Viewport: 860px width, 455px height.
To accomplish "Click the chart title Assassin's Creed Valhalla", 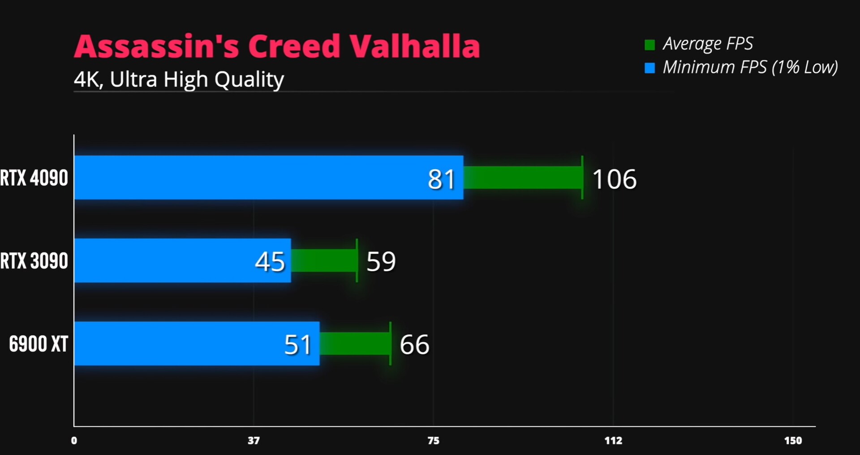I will pyautogui.click(x=277, y=47).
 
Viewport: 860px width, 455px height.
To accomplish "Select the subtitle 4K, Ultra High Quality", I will pyautogui.click(x=179, y=80).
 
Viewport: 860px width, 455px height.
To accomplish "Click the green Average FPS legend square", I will pyautogui.click(x=649, y=45).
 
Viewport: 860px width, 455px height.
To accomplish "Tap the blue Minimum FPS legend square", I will pyautogui.click(x=649, y=68).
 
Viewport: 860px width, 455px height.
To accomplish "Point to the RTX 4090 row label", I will pyautogui.click(x=34, y=178).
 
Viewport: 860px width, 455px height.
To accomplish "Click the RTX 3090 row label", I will pyautogui.click(x=34, y=261).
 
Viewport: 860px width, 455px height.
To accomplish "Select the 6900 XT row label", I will pyautogui.click(x=39, y=344).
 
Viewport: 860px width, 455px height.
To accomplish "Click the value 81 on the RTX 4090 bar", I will pyautogui.click(x=441, y=179).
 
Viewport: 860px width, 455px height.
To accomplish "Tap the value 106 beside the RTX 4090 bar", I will pyautogui.click(x=614, y=179).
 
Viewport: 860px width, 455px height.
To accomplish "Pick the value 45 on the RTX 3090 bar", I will pyautogui.click(x=270, y=262).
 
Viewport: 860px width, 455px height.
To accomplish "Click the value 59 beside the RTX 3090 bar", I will pyautogui.click(x=381, y=262).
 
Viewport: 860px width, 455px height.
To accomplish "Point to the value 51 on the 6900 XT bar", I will pyautogui.click(x=297, y=345).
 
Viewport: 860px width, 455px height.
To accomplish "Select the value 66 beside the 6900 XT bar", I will pyautogui.click(x=414, y=345).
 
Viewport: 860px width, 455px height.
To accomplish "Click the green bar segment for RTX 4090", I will pyautogui.click(x=522, y=178).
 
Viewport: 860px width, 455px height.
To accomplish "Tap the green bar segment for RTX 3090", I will pyautogui.click(x=323, y=260).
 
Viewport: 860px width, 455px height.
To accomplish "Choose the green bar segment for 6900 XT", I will pyautogui.click(x=354, y=344).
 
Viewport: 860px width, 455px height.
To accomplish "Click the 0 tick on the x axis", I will pyautogui.click(x=74, y=441).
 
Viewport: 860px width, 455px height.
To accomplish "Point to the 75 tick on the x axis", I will pyautogui.click(x=433, y=441).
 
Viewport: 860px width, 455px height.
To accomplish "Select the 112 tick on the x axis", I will pyautogui.click(x=613, y=441).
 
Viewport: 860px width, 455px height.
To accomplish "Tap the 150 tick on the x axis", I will pyautogui.click(x=793, y=441).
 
